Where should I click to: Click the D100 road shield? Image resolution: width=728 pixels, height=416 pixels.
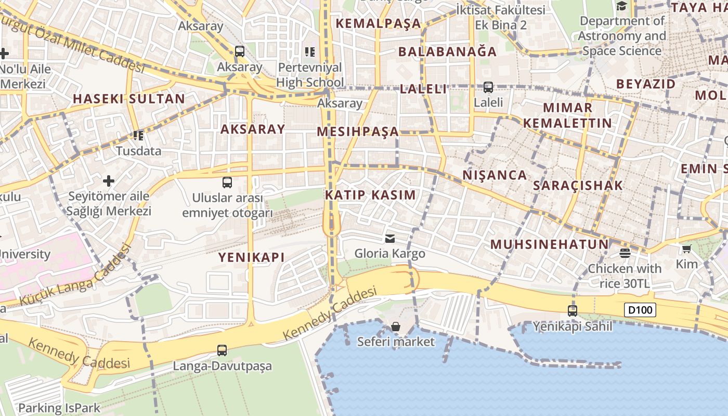pos(640,310)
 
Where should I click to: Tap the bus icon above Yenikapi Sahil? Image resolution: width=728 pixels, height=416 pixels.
pos(573,311)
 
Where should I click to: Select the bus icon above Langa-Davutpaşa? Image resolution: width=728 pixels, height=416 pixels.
pos(222,350)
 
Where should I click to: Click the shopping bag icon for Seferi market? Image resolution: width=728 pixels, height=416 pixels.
pos(396,327)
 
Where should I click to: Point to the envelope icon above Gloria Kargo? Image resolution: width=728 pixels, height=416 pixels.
pos(389,239)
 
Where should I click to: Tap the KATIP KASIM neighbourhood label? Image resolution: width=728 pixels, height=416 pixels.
pos(370,195)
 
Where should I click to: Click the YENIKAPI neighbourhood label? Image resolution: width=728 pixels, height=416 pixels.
pos(251,257)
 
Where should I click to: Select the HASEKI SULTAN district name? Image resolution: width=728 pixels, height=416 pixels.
pos(129,99)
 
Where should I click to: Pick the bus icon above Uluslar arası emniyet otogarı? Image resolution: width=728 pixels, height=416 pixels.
pos(227,183)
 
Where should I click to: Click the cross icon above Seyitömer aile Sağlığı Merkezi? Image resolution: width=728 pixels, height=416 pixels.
pos(108,181)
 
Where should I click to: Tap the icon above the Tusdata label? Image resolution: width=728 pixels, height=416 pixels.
pos(138,136)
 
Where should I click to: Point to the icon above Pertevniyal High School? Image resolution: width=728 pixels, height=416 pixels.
pos(310,52)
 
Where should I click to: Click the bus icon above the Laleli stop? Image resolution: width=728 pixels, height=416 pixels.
pos(488,87)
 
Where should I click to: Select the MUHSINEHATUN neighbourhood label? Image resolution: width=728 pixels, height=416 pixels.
pos(549,244)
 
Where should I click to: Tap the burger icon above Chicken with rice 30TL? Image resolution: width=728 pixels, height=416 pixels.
pos(625,253)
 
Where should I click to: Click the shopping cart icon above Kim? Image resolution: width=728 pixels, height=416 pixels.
pos(686,249)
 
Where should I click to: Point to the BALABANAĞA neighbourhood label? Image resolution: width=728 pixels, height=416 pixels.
pos(448,51)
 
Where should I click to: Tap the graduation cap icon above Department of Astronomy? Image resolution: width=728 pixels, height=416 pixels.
pos(621,6)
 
